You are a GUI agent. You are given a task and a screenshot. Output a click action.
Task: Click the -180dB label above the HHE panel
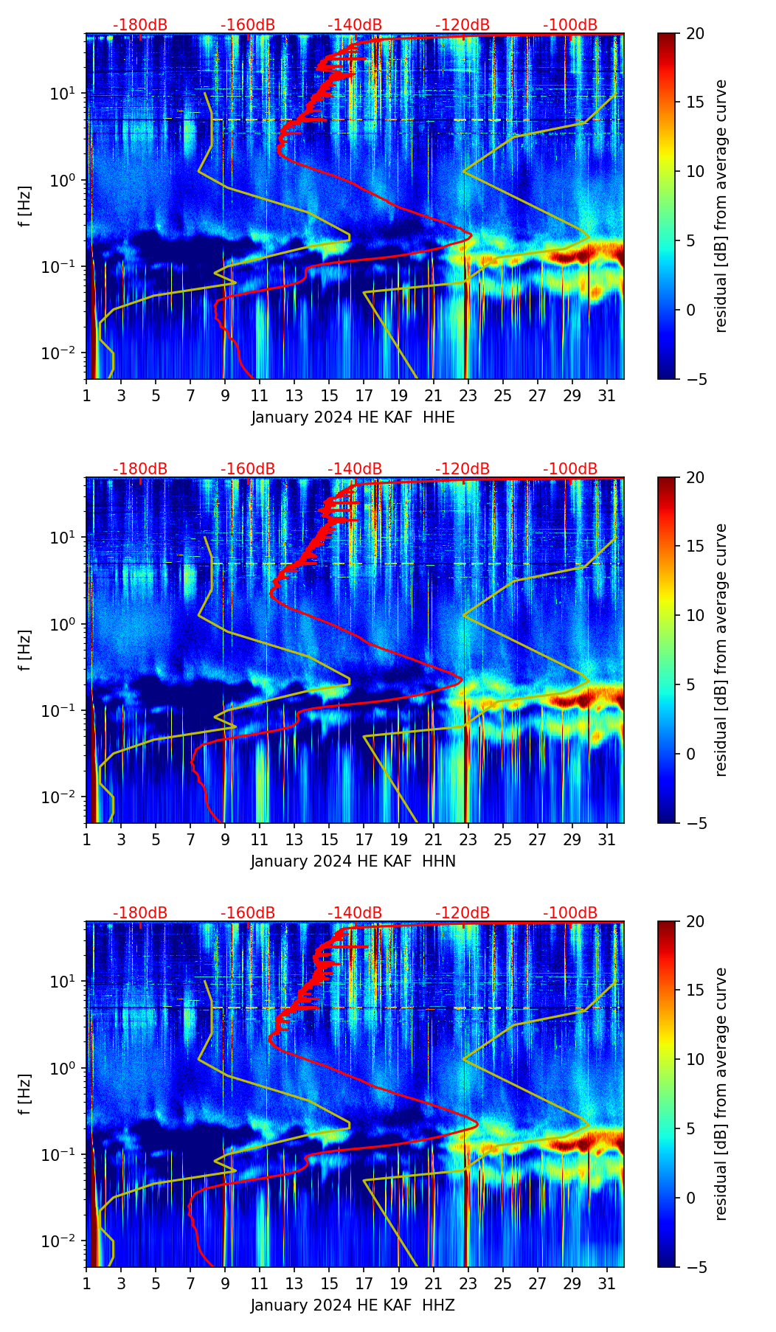140,25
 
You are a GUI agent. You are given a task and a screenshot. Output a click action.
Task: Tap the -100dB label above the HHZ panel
570,913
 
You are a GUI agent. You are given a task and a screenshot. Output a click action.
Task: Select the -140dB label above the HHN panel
355,469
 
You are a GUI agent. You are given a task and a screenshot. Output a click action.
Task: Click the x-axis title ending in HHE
353,417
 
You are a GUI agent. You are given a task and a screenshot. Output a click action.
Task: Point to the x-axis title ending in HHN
353,861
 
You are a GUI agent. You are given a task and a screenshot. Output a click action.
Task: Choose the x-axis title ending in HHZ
353,1305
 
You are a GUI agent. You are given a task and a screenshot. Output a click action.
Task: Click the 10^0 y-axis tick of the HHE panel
66,180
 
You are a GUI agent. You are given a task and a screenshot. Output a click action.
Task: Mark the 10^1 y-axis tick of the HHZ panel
66,982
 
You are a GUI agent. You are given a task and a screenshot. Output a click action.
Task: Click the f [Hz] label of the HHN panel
27,650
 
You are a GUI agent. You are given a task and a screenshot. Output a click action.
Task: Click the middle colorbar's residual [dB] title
721,650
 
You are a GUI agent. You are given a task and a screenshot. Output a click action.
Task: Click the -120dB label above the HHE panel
463,25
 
